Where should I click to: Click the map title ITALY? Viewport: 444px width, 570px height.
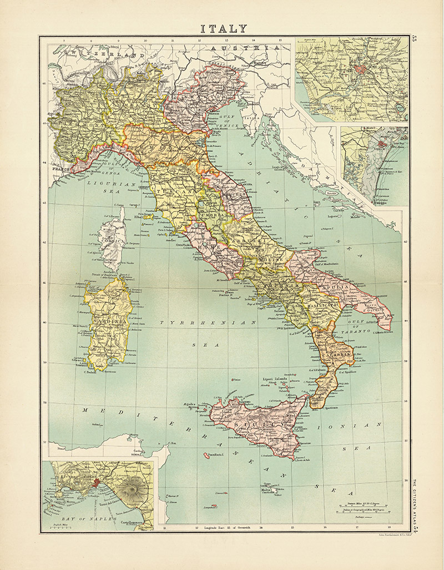click(x=224, y=28)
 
